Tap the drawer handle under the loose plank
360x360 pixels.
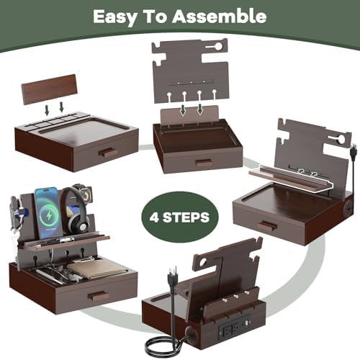coord(107,153)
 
